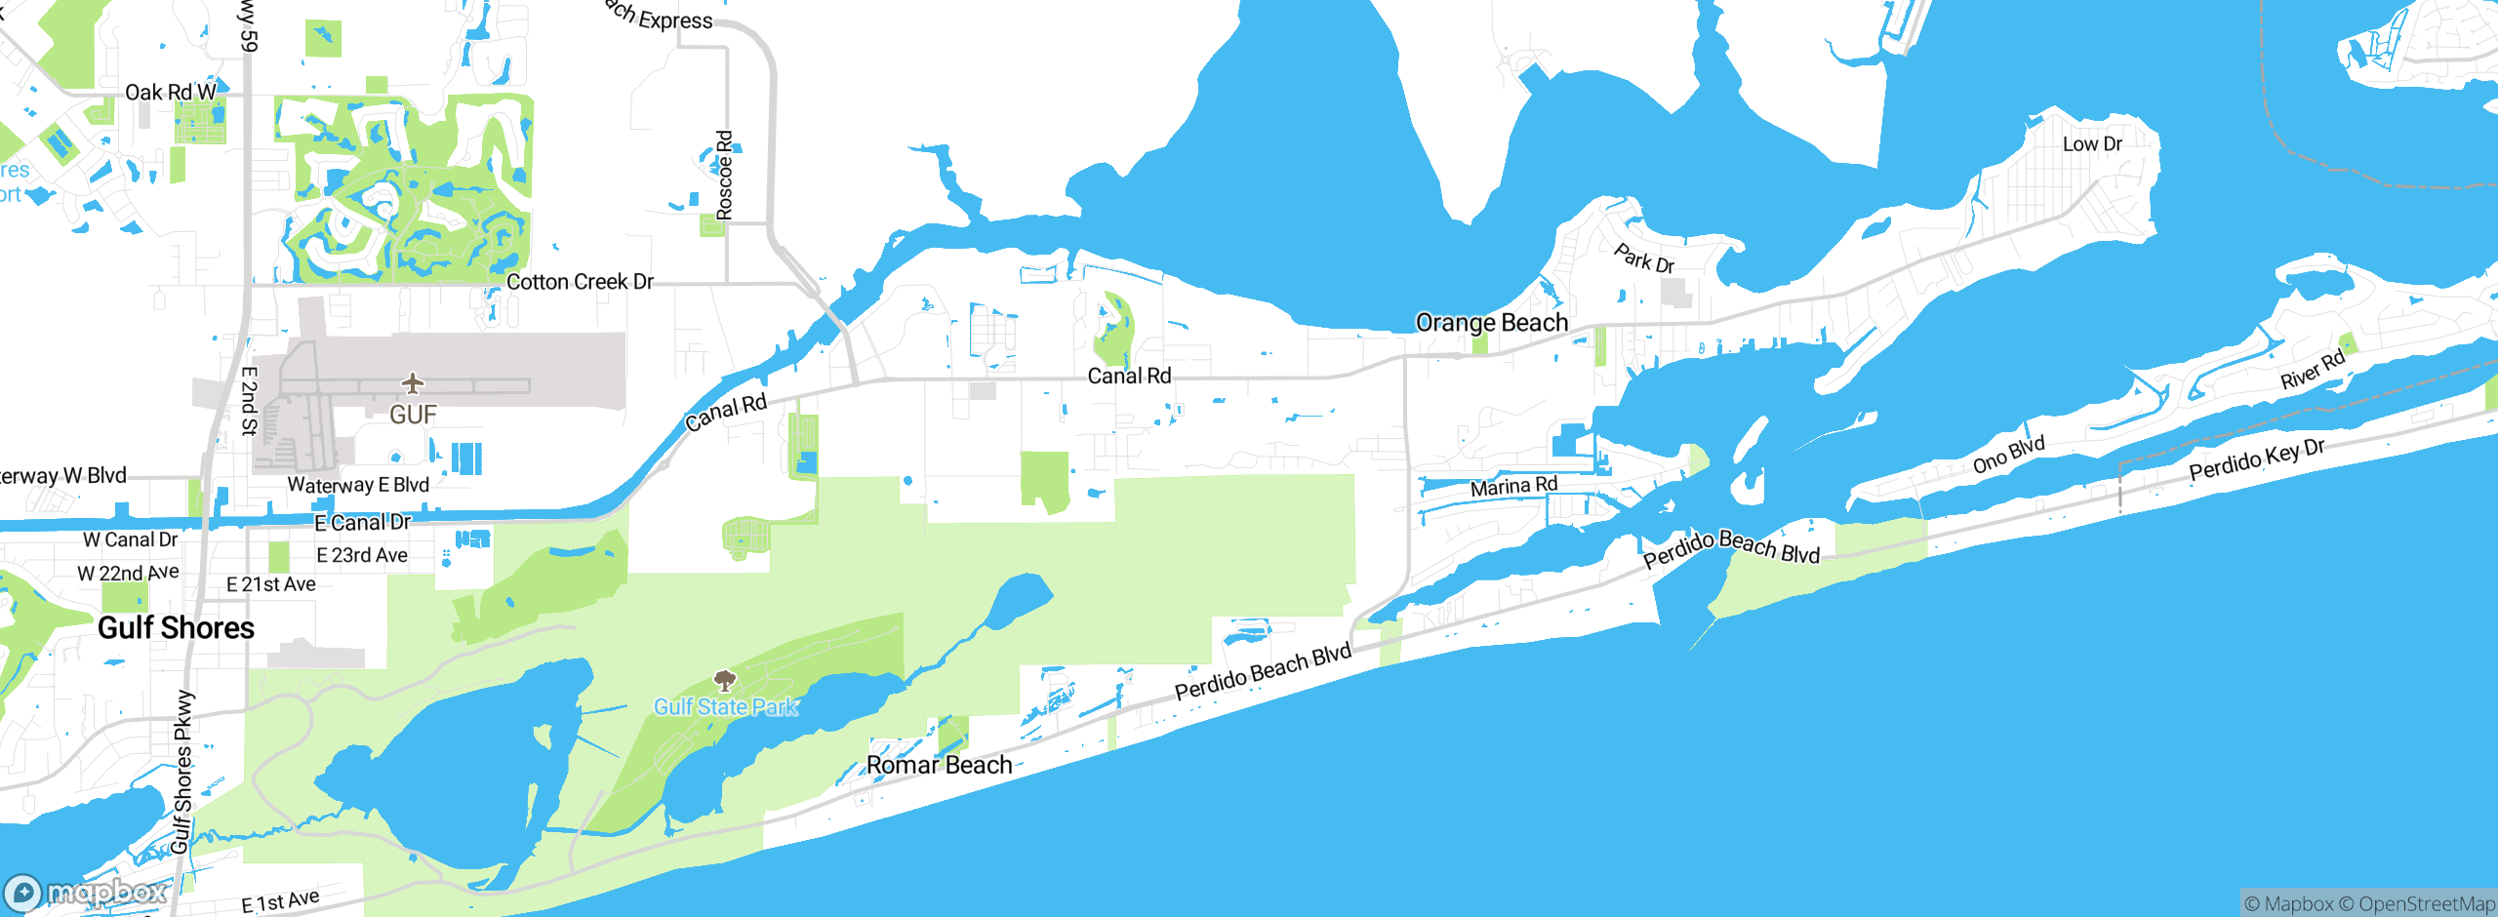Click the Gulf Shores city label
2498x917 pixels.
click(x=176, y=627)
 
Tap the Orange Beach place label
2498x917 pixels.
click(x=1491, y=323)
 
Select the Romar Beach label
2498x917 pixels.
click(x=939, y=765)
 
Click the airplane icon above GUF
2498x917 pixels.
click(x=413, y=382)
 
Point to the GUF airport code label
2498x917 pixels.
click(x=413, y=416)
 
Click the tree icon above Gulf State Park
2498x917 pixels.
click(x=724, y=680)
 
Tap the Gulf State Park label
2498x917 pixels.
click(x=726, y=706)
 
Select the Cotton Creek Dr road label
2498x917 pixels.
click(x=580, y=282)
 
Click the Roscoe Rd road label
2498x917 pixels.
click(x=724, y=176)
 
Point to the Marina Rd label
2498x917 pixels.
click(x=1513, y=486)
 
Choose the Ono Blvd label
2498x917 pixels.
click(x=2008, y=455)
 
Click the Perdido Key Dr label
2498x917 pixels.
click(x=2257, y=459)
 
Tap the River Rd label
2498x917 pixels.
click(x=2312, y=370)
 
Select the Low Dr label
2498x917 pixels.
click(x=2092, y=144)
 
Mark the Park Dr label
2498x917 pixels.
click(x=1643, y=259)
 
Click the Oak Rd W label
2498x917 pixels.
click(x=170, y=93)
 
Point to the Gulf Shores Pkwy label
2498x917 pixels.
click(x=182, y=772)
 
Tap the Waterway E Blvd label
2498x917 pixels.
click(x=357, y=485)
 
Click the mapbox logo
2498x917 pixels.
click(x=86, y=892)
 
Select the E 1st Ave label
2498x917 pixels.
click(x=279, y=900)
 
